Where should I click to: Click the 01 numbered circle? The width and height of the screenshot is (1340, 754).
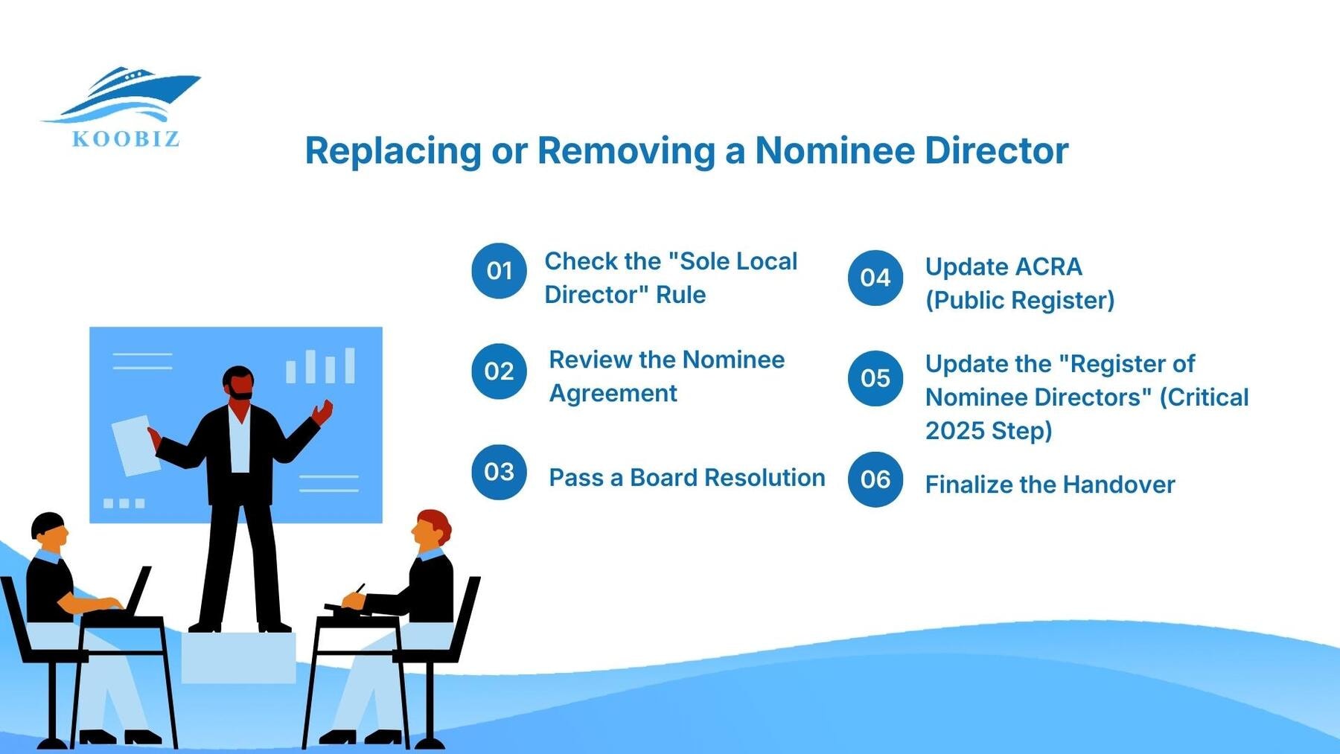[x=499, y=271]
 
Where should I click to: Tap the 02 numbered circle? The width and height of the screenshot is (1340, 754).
[x=499, y=371]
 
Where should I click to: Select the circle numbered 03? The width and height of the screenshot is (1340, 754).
[x=499, y=472]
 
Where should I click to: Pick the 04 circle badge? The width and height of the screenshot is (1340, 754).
[x=875, y=278]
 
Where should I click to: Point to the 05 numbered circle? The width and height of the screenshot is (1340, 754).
[x=875, y=378]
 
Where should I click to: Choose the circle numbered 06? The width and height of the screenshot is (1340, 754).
[x=875, y=479]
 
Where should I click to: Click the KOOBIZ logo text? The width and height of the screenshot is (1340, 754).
[x=126, y=139]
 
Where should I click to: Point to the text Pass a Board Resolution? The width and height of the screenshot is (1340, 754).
[x=686, y=478]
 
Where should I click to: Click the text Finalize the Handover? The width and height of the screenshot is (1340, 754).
[x=1050, y=485]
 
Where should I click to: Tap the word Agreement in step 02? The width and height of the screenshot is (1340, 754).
[x=613, y=393]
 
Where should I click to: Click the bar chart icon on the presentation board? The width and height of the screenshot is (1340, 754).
[x=321, y=366]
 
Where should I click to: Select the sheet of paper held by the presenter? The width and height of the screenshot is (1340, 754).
[x=135, y=444]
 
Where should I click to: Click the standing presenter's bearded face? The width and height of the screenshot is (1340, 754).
[x=239, y=383]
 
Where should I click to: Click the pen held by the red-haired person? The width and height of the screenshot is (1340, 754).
[x=359, y=590]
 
